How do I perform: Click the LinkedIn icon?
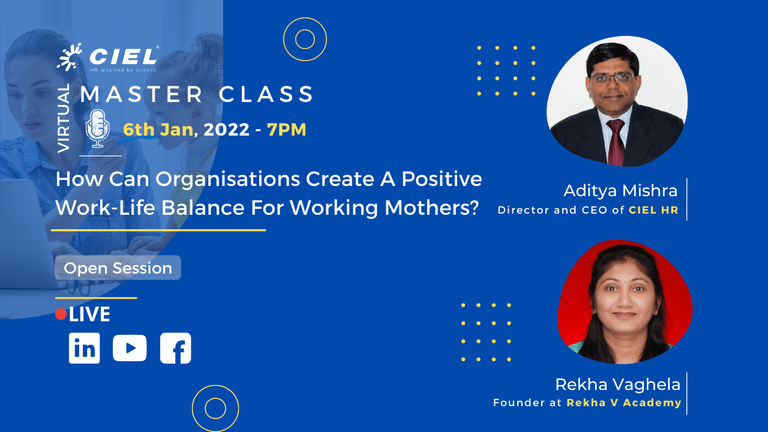(85, 348)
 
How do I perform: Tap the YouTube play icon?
(130, 348)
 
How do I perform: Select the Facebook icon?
(176, 348)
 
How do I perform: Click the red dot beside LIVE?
(61, 314)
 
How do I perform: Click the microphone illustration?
(97, 128)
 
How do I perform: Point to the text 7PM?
(287, 130)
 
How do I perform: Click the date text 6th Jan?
(158, 130)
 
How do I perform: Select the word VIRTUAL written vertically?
(64, 118)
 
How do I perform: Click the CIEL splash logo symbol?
(69, 57)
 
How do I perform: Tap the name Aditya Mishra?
(620, 191)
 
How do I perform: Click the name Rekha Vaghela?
(618, 385)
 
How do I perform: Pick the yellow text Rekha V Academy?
(623, 403)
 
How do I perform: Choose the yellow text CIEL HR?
(653, 210)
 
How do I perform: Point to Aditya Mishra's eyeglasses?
(613, 79)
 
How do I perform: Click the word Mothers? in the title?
(431, 208)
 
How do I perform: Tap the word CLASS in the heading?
(266, 94)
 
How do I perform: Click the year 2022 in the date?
(226, 130)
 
